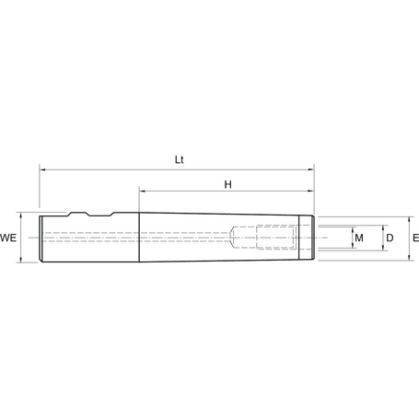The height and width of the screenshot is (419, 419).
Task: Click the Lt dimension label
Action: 180,159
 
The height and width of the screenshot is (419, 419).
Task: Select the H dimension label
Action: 227,184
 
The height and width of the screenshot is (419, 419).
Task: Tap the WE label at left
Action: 10,239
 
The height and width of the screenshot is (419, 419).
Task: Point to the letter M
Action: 359,239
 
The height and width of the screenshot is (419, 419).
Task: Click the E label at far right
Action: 415,239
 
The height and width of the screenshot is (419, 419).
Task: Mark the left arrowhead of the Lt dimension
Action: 42,169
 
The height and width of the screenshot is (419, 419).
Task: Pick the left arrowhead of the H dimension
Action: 144,192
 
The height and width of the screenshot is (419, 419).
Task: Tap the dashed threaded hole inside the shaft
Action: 267,239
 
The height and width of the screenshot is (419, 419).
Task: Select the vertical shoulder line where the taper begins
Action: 140,239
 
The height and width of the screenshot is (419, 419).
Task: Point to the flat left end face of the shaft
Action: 40,239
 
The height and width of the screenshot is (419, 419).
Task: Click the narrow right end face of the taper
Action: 314,239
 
